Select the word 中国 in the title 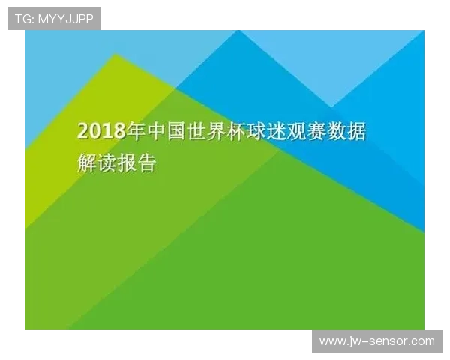coord(166,131)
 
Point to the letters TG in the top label coord(23,19)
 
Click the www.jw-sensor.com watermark coord(377,341)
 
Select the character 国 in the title coord(175,131)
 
